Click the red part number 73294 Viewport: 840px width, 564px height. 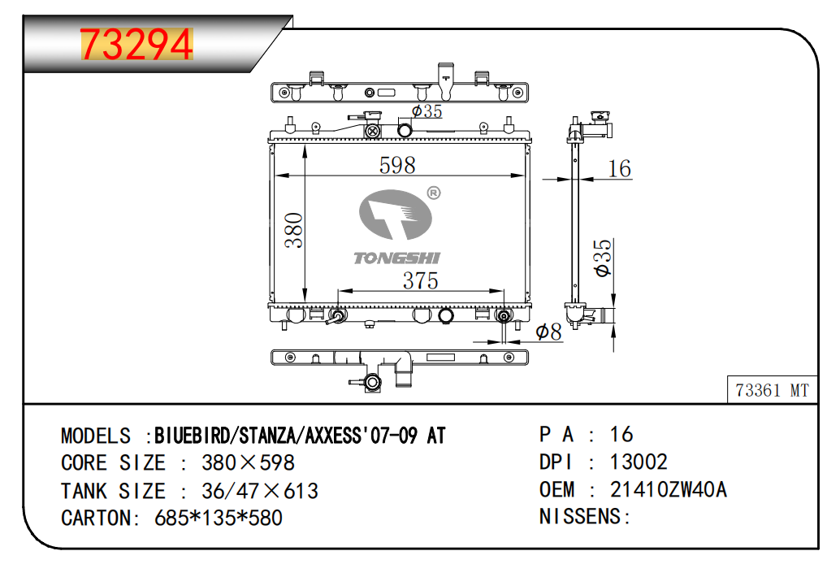(136, 45)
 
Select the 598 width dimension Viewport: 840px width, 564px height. (397, 165)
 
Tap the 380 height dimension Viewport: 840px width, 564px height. (294, 230)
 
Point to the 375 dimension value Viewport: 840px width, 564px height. (421, 281)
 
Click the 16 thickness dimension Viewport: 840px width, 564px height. (619, 169)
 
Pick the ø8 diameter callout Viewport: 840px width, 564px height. (548, 332)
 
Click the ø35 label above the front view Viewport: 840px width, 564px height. (426, 111)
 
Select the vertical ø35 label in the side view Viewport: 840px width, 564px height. (603, 258)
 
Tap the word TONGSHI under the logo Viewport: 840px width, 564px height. (397, 258)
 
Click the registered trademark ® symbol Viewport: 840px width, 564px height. (434, 193)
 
